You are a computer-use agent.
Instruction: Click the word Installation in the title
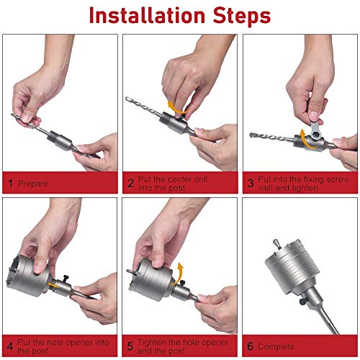(x=147, y=15)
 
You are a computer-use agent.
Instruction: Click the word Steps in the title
(x=242, y=17)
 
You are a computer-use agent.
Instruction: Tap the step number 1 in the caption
(x=10, y=184)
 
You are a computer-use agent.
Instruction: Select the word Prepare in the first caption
(x=33, y=184)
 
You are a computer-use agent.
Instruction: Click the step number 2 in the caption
(x=130, y=184)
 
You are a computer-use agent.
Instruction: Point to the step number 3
(x=251, y=184)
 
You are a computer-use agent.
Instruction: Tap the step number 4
(x=10, y=346)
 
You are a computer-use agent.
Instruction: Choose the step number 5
(x=130, y=346)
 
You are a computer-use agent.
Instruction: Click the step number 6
(x=250, y=346)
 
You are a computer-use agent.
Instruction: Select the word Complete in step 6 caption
(x=276, y=347)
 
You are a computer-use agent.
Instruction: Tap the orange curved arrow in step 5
(x=178, y=274)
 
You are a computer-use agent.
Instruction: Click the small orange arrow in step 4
(x=53, y=285)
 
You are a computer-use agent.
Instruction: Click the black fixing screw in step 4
(x=65, y=279)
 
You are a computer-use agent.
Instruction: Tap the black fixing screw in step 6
(x=303, y=302)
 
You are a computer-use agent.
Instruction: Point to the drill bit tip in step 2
(x=127, y=98)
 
